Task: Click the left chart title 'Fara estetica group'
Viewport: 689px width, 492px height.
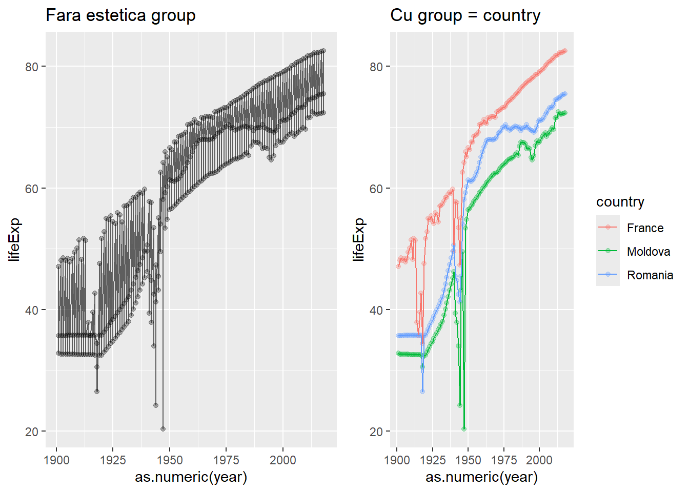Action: point(120,15)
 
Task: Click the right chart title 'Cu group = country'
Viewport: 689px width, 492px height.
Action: point(465,15)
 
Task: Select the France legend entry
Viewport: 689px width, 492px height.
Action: point(645,228)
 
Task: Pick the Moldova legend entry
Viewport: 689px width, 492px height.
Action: point(649,252)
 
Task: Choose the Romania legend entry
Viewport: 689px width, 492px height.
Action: point(650,275)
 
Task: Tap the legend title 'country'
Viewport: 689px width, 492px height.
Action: point(620,202)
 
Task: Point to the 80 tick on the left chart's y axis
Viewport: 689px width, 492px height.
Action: point(32,67)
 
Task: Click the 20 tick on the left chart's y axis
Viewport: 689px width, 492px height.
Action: point(32,432)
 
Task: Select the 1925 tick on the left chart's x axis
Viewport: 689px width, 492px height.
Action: point(113,460)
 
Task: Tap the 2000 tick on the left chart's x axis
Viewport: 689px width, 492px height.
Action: point(283,460)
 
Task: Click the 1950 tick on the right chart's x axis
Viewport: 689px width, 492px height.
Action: point(468,460)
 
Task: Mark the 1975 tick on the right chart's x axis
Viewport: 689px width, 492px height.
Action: point(504,460)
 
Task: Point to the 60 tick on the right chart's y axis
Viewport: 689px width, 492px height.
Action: point(377,189)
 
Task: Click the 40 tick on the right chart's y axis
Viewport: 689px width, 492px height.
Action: point(377,310)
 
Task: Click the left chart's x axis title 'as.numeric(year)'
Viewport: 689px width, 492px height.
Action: point(191,477)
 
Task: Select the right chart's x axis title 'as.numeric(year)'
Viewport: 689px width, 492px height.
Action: point(481,477)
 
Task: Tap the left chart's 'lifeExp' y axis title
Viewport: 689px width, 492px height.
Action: point(14,239)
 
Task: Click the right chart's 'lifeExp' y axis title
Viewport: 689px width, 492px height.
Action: point(359,239)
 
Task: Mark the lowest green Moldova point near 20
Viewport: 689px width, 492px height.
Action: point(464,429)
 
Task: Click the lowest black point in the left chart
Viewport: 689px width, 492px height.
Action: point(163,429)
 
